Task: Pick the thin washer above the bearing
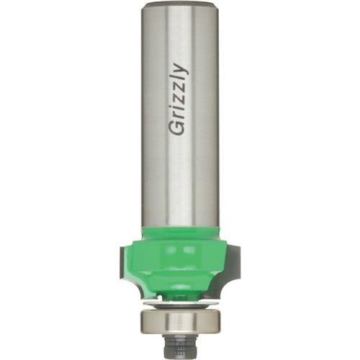[180, 304]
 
